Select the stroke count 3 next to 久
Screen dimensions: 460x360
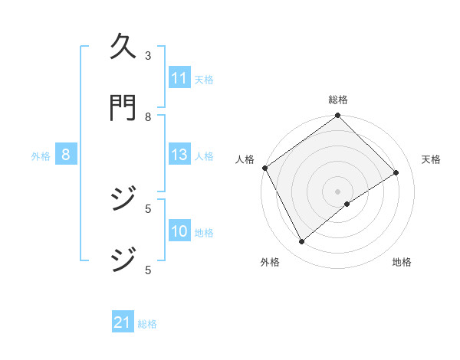tap(148, 55)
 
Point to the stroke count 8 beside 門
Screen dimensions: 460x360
tap(148, 116)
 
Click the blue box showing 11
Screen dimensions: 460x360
tap(179, 78)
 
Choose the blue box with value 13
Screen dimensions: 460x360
tap(179, 155)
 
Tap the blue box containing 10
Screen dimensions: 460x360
tap(179, 231)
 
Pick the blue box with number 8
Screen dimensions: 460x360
tap(66, 155)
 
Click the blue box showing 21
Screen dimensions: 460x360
tap(123, 322)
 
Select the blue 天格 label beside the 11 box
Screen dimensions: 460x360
tap(204, 79)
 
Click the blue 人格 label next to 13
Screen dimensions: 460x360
tap(204, 155)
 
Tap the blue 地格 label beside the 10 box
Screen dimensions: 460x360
tap(204, 232)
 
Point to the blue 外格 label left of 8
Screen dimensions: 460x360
tap(41, 155)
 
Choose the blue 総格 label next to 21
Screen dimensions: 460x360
tap(147, 323)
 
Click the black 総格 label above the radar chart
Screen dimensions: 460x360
tap(337, 100)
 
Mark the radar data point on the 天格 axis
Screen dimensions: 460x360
tap(396, 172)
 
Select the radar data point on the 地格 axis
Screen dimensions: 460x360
tap(347, 204)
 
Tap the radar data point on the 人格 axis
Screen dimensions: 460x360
tap(264, 168)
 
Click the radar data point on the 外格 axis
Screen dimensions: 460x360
tap(301, 241)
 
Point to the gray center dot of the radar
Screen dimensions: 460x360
tap(337, 191)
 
